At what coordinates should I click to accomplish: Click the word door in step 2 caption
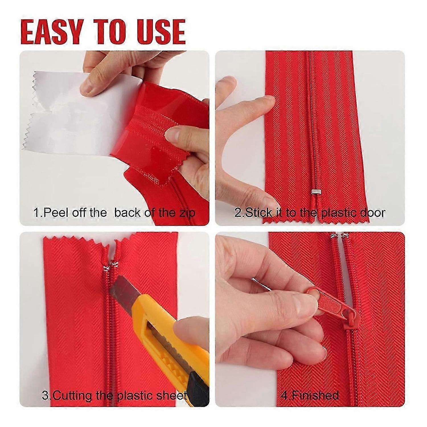[373, 213]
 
